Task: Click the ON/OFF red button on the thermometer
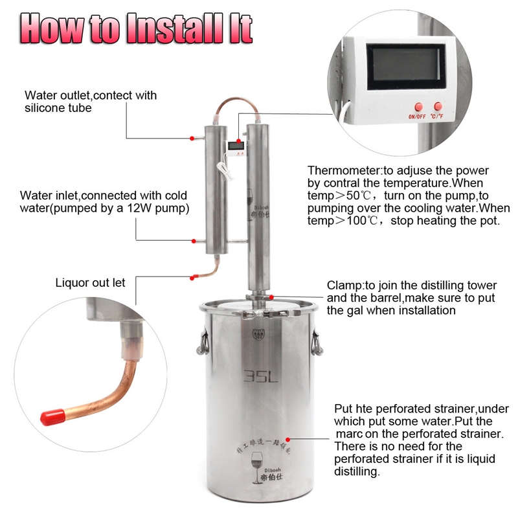pos(418,106)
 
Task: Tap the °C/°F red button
pos(438,106)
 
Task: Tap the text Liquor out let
pos(90,282)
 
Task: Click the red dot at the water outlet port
pos(192,139)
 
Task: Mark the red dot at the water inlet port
pos(193,241)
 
